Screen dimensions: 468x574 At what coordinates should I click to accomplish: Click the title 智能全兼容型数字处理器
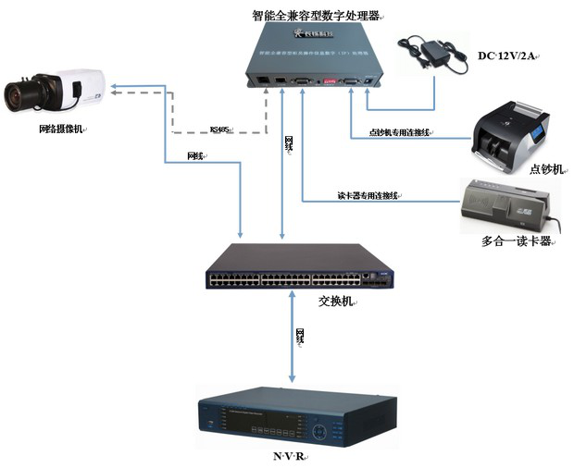tap(316, 16)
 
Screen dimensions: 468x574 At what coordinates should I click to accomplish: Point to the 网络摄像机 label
tap(60, 129)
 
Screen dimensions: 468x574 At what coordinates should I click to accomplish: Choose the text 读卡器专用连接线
tap(368, 195)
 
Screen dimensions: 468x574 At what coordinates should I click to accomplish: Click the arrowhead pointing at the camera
tap(113, 90)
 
